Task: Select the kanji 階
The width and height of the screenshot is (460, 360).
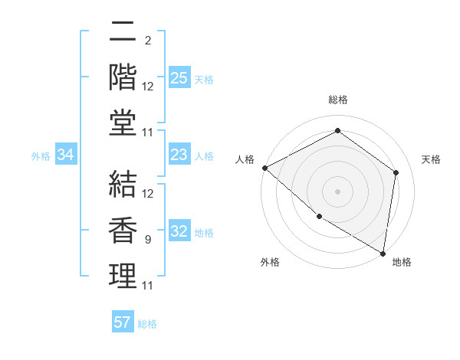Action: [x=123, y=77]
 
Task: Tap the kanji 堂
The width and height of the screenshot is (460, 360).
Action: [x=123, y=123]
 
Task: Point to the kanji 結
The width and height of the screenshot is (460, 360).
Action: [x=123, y=185]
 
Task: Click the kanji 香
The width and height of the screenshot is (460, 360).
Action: [x=123, y=230]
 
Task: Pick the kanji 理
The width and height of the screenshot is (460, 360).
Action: [x=123, y=275]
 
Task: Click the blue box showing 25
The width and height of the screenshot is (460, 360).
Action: [x=179, y=78]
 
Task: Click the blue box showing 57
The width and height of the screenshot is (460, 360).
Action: [x=123, y=322]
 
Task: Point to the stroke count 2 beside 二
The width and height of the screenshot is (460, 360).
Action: [x=147, y=41]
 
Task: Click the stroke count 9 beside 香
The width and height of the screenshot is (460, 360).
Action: [x=147, y=240]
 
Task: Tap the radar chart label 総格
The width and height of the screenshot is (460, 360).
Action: [x=337, y=100]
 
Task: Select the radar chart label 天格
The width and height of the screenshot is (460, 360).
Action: [x=431, y=159]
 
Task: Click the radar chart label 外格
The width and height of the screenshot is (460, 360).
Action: [x=270, y=262]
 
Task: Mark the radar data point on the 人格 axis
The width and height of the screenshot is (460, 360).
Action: [x=264, y=168]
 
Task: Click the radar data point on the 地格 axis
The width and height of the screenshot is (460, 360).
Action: [x=383, y=253]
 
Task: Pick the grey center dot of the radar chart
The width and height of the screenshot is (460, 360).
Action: [x=337, y=191]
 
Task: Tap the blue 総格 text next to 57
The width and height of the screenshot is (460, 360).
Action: [x=147, y=323]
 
